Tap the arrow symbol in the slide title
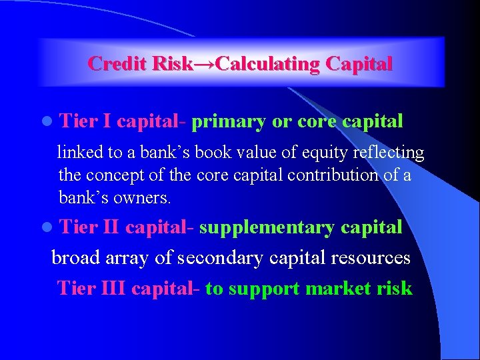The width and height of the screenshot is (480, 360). click(x=204, y=64)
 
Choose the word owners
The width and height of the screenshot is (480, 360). click(x=143, y=197)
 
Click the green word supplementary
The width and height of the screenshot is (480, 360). click(x=267, y=227)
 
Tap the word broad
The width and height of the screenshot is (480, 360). click(x=73, y=257)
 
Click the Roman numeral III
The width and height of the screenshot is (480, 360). click(x=113, y=288)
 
